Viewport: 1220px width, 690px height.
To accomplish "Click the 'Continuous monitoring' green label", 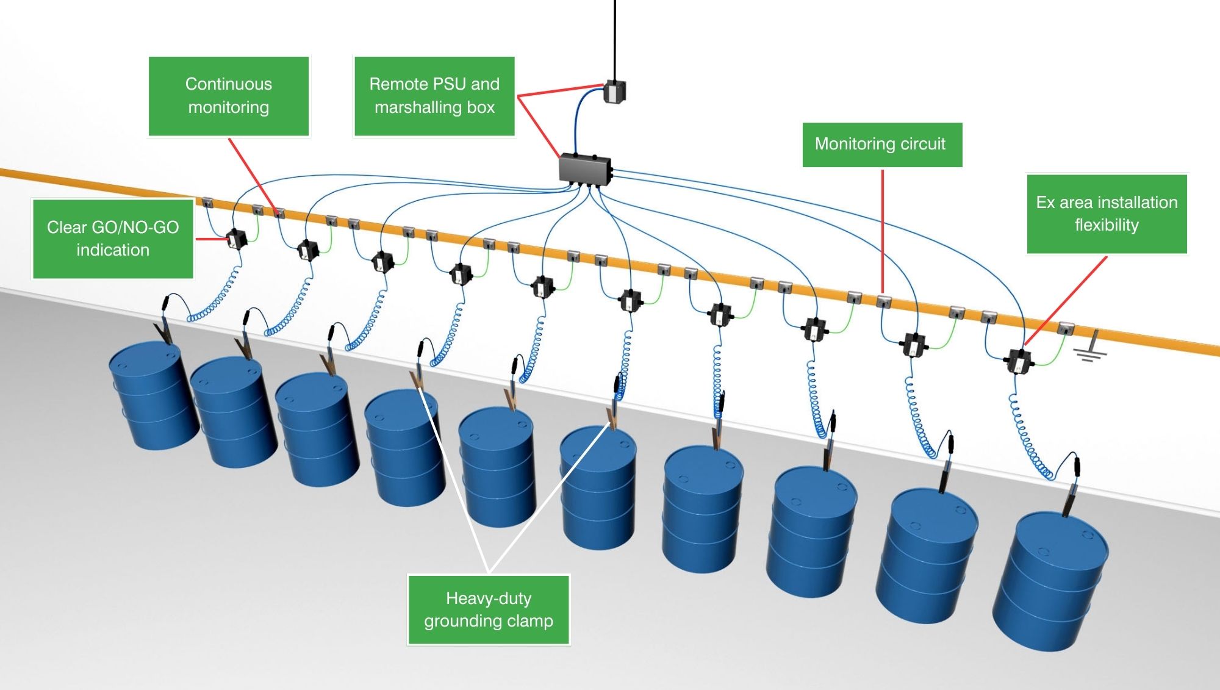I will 229,96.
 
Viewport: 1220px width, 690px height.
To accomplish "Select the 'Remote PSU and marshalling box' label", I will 434,96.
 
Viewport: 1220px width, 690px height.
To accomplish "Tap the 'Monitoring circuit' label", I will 881,145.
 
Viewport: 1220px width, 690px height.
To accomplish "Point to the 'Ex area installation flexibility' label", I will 1107,214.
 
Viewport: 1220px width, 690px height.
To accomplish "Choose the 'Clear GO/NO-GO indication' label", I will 113,239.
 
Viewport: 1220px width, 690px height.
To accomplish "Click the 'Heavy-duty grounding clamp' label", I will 489,609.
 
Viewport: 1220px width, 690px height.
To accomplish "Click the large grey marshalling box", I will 585,168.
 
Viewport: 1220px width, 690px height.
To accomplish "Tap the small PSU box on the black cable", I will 614,92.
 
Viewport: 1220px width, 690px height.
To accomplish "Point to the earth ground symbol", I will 1091,347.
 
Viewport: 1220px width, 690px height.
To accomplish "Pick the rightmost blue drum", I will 1049,580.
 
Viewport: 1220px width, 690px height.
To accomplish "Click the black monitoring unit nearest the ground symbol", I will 1018,361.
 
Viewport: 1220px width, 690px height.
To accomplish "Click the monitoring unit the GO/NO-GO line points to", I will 235,239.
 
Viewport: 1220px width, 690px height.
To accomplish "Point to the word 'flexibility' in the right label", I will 1107,225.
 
